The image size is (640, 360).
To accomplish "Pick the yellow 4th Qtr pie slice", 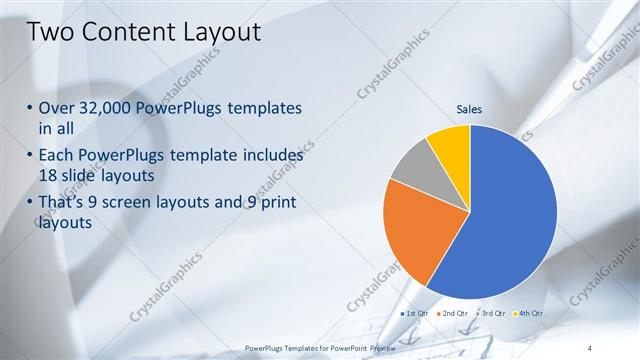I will pos(451,145).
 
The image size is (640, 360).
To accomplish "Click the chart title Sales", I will pos(470,108).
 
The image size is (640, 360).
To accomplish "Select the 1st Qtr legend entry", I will pos(415,314).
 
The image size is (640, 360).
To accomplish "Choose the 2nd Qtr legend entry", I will pos(453,314).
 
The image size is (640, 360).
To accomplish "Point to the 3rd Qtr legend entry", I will pos(491,314).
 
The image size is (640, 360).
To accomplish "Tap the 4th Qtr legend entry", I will pos(528,314).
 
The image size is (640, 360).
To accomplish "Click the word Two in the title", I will pos(51,33).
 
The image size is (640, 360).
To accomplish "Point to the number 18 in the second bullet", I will pos(49,174).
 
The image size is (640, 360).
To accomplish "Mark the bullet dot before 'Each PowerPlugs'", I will pos(29,157).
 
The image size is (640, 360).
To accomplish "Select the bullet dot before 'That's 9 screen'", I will pos(29,204).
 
